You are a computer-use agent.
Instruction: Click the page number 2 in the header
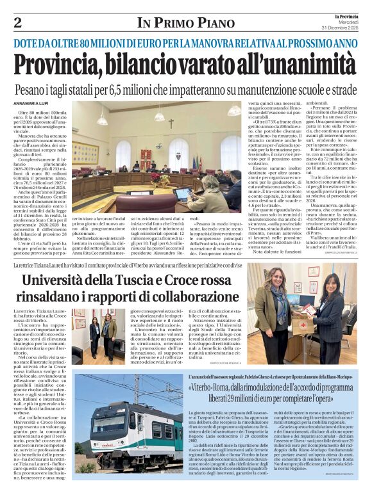(18, 23)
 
